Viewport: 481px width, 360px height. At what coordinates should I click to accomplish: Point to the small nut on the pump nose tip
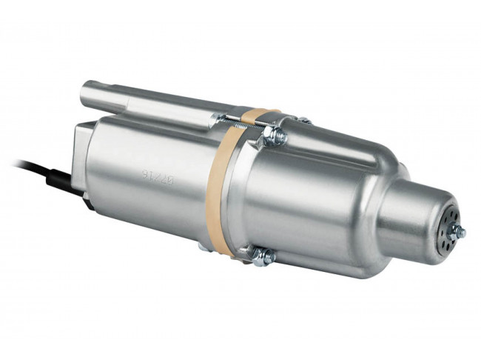460,232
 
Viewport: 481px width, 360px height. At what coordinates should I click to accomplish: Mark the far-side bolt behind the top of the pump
303,120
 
